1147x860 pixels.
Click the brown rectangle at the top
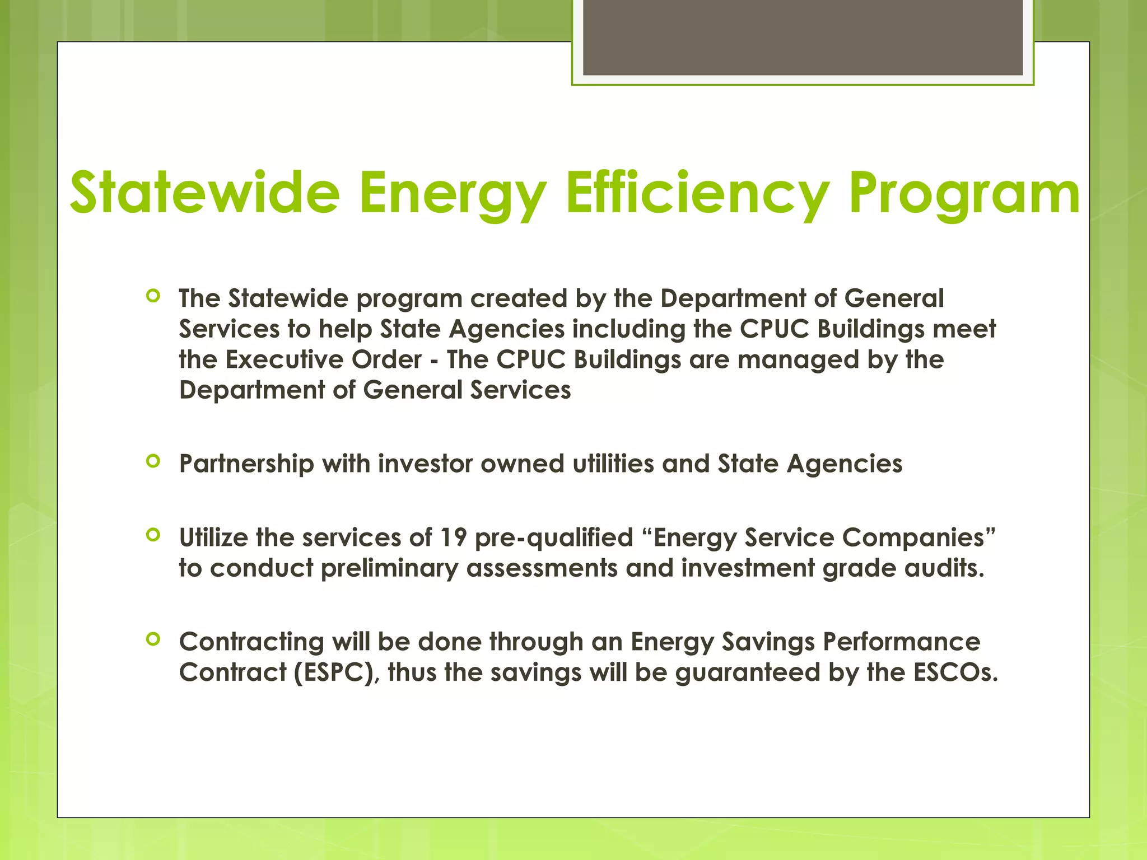(x=803, y=37)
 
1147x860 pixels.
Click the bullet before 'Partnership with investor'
(x=153, y=461)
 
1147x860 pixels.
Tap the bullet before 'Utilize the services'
(x=153, y=535)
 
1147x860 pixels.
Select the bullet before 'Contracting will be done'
(x=153, y=639)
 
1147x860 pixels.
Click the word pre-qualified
(x=554, y=537)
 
